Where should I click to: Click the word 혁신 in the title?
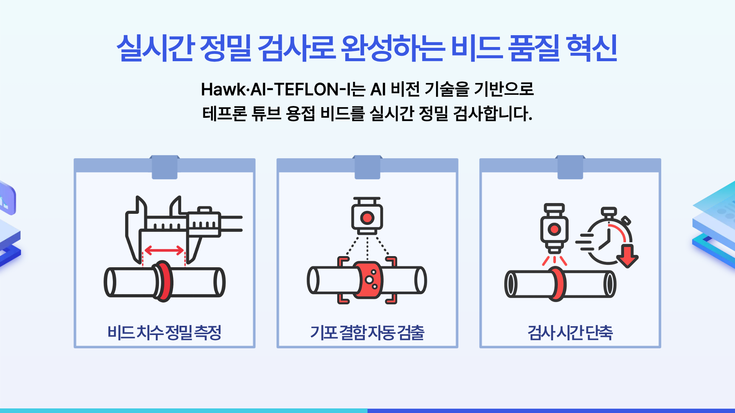point(591,48)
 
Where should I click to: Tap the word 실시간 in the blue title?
point(156,48)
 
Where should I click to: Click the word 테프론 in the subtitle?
point(224,114)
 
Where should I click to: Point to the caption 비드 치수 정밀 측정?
point(165,332)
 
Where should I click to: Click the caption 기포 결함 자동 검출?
point(367,332)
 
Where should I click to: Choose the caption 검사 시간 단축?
point(570,332)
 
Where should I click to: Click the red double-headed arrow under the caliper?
point(164,251)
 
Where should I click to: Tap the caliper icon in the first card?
point(184,229)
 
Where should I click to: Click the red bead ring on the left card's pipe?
point(165,281)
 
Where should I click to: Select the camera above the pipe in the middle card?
point(367,216)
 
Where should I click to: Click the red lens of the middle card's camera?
point(367,218)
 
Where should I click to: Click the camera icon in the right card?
point(554,228)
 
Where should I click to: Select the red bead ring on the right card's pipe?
point(557,284)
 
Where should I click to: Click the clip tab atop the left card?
point(165,167)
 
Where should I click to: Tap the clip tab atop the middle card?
point(367,167)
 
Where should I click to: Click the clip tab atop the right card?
point(570,167)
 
